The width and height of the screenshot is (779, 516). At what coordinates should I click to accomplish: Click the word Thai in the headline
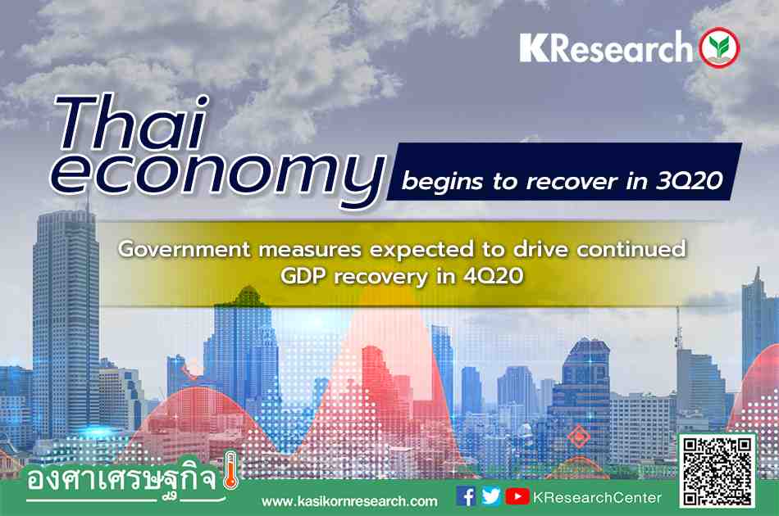click(133, 123)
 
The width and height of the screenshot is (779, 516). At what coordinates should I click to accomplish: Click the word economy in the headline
click(217, 177)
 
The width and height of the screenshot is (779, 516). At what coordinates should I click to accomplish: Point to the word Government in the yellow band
click(184, 248)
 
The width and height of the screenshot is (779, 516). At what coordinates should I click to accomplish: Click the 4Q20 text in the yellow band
click(493, 275)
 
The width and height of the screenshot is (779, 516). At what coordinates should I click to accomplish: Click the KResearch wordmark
click(606, 48)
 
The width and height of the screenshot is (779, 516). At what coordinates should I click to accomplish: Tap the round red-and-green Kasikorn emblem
click(719, 48)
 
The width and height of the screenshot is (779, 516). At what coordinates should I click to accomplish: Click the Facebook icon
click(466, 496)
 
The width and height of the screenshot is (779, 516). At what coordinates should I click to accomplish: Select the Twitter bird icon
click(491, 496)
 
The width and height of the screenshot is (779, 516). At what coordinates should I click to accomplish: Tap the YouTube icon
click(517, 496)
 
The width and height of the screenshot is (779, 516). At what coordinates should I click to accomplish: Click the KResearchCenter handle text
click(597, 497)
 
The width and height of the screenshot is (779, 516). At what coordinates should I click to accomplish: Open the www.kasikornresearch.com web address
click(349, 501)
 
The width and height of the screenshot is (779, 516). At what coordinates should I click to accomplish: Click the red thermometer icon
click(230, 470)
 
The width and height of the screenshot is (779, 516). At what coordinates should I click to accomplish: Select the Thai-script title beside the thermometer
click(121, 480)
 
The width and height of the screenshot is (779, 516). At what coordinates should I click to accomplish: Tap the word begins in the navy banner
click(442, 182)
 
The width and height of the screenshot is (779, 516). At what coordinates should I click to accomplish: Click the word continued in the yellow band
click(631, 248)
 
